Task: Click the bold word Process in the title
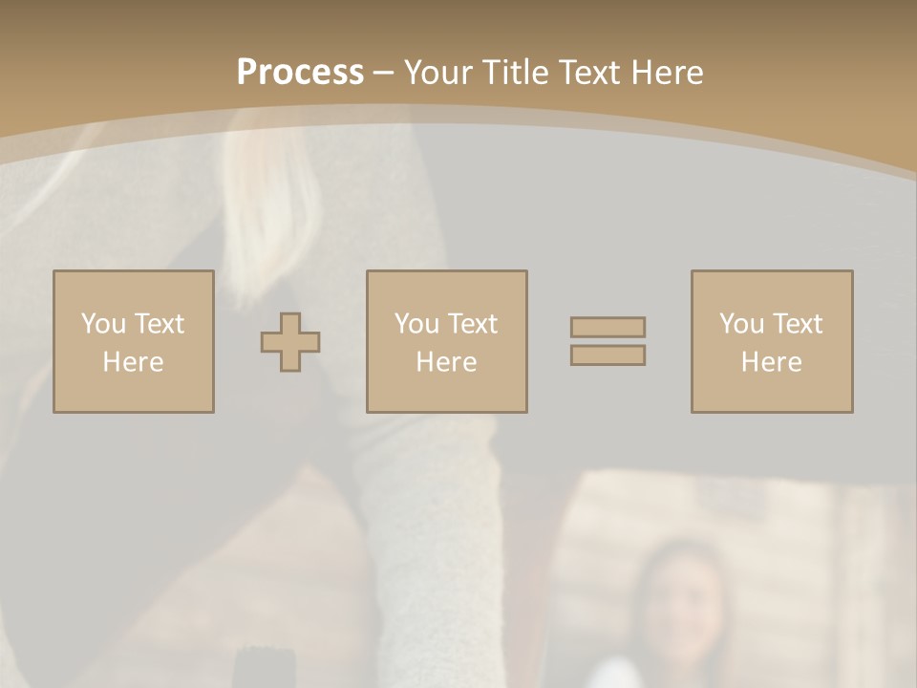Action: click(x=300, y=73)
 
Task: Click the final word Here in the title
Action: click(x=670, y=73)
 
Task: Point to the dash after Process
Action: click(x=384, y=74)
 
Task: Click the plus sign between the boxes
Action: click(x=290, y=342)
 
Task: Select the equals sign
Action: click(x=608, y=341)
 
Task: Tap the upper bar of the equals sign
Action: click(x=608, y=328)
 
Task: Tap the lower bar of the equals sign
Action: click(x=608, y=355)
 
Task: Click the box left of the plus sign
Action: click(x=134, y=341)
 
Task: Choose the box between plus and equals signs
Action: click(x=447, y=341)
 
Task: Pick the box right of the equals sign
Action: click(x=772, y=341)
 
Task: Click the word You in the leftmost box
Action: click(x=103, y=324)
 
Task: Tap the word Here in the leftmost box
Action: click(x=134, y=362)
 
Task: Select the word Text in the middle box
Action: click(x=473, y=324)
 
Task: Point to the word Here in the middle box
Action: click(x=447, y=362)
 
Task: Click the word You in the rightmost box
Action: click(x=741, y=324)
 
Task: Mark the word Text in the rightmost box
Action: click(x=798, y=324)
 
